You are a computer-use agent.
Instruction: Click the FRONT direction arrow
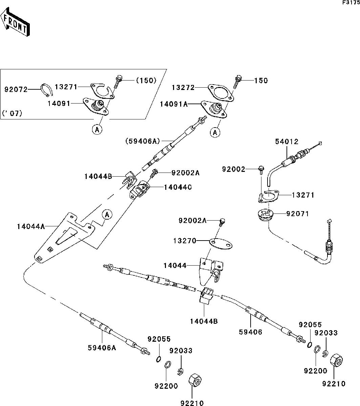click(15, 23)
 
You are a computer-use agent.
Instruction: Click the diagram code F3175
click(350, 3)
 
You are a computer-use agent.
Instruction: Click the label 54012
click(278, 142)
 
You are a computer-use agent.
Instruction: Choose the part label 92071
click(297, 213)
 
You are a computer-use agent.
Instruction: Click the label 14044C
click(178, 187)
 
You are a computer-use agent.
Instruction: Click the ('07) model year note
click(12, 113)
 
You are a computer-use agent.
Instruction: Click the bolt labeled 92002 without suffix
click(261, 169)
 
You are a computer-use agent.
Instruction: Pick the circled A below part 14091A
click(215, 133)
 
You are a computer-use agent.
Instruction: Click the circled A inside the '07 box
click(97, 129)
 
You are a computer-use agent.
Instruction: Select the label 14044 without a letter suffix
click(175, 266)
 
